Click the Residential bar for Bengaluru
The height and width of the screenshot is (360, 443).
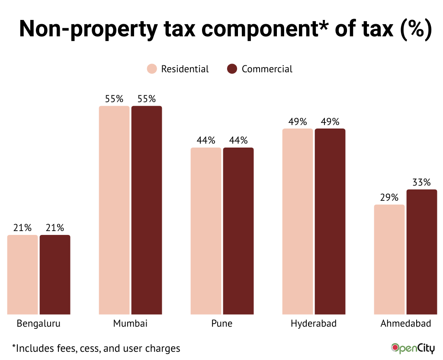tap(22, 274)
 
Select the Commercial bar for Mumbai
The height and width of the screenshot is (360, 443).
tap(147, 210)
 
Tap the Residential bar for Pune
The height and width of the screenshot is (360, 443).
tap(206, 231)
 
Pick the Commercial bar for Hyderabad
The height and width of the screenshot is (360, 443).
tap(330, 221)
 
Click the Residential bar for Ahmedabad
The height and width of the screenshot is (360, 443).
tap(389, 259)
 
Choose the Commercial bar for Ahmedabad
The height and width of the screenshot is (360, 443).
tap(422, 251)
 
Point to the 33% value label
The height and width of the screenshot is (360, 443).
tap(421, 183)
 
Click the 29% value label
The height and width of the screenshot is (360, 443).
tap(389, 198)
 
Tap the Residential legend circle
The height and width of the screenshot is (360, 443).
tap(152, 69)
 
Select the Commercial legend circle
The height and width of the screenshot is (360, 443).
tap(232, 69)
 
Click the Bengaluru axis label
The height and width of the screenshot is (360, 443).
tap(39, 324)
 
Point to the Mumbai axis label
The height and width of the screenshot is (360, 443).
tap(130, 324)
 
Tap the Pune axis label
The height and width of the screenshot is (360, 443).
tap(222, 324)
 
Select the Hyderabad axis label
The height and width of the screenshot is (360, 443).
tap(314, 324)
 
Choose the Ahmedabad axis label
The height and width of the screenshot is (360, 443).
tap(406, 324)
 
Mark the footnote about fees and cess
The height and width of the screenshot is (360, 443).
tap(96, 348)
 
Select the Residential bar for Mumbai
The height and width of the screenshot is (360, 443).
tap(114, 210)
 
